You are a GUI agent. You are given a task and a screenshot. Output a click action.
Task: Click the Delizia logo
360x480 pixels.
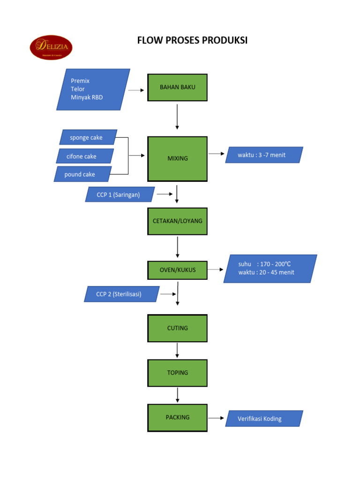pos(51,48)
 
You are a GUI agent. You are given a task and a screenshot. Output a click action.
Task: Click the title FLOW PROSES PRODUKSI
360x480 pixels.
pos(192,41)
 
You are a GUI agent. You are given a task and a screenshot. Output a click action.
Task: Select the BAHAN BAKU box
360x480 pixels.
pos(178,87)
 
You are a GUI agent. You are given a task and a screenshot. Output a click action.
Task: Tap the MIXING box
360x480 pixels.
pos(178,158)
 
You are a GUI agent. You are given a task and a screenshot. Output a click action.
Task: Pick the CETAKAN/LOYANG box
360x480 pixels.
pos(178,220)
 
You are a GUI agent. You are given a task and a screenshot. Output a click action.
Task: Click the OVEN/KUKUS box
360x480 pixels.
pos(178,270)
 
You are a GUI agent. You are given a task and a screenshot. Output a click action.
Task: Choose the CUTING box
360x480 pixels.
pos(178,328)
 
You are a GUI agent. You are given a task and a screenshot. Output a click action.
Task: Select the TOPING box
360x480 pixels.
pos(178,373)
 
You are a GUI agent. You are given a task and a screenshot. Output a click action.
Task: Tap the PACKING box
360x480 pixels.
pos(178,417)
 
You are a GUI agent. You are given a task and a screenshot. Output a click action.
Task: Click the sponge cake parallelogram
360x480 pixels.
pos(88,137)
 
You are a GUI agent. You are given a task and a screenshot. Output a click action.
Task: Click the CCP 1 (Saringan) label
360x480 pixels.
pos(120,195)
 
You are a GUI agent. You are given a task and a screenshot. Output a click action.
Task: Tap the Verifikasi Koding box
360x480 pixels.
pos(264,419)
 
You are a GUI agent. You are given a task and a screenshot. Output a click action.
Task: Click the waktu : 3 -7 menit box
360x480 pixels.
pos(264,155)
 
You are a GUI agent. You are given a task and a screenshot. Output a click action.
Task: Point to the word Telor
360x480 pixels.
pos(78,89)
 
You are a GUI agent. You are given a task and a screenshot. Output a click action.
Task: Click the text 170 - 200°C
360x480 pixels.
pos(277,264)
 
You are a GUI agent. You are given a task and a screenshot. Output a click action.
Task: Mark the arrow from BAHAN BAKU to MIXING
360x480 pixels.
pos(177,116)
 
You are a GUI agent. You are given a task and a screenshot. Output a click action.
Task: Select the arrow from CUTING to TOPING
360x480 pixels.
pos(177,350)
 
